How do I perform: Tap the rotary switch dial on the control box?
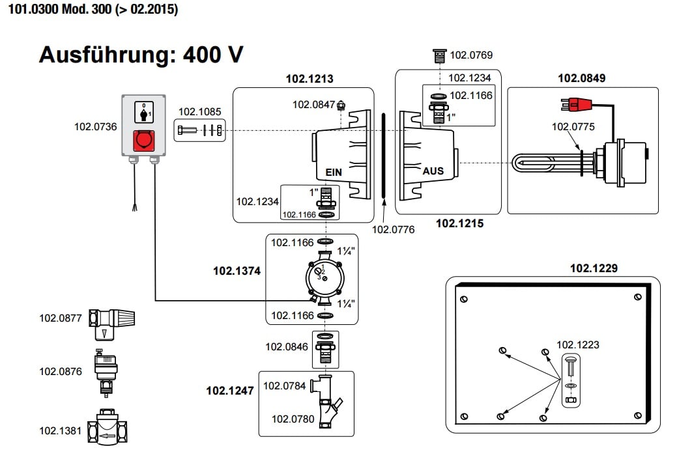click(143, 113)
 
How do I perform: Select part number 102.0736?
click(96, 127)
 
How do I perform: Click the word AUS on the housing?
click(433, 171)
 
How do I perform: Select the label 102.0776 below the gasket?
click(393, 229)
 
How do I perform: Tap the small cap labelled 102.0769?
click(440, 55)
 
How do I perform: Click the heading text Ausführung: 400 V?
click(141, 55)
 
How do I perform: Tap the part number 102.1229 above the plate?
click(594, 268)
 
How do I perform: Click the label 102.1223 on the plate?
click(577, 345)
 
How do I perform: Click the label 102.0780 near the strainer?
click(293, 419)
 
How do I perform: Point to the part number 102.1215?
click(459, 223)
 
